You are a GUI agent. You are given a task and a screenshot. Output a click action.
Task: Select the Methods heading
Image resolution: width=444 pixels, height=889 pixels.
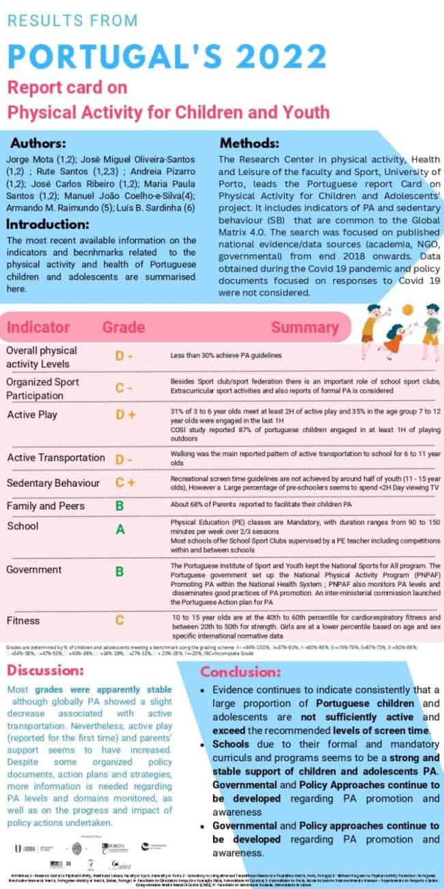[249, 144]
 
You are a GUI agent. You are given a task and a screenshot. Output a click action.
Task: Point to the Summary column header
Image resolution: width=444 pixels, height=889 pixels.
[301, 327]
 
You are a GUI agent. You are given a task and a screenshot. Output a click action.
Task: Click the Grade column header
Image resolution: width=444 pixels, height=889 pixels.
[123, 327]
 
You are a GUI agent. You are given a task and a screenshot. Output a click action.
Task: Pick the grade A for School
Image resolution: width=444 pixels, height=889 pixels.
[120, 529]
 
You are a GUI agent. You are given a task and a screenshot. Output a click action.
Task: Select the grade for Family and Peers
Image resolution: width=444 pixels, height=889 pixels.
[119, 506]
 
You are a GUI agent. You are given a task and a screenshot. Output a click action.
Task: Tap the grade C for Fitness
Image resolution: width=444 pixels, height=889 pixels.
[119, 621]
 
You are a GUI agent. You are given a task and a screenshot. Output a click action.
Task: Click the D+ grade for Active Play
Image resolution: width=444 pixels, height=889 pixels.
[125, 415]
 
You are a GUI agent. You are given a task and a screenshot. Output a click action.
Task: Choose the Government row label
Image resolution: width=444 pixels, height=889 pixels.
[33, 570]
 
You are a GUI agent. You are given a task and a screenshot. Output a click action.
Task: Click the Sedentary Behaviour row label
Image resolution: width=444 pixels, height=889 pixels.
[53, 483]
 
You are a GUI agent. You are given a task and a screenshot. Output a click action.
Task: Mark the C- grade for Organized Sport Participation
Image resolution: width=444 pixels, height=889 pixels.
[124, 388]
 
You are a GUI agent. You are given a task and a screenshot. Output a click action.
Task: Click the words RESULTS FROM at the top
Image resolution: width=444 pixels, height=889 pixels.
[72, 21]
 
